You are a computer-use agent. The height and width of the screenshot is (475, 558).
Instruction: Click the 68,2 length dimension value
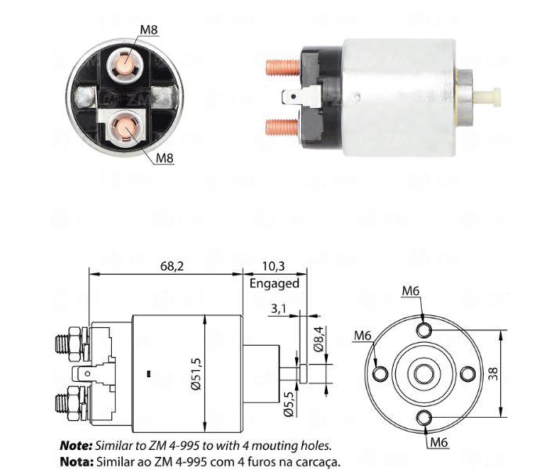[172, 266]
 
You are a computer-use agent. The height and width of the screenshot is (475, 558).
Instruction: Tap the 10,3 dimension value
[273, 266]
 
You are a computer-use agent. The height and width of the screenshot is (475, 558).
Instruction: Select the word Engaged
[275, 283]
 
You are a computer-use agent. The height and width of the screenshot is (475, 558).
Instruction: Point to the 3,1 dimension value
[279, 308]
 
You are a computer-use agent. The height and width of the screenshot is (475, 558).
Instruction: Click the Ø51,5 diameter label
[196, 373]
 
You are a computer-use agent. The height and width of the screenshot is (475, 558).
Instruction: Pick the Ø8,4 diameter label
[319, 339]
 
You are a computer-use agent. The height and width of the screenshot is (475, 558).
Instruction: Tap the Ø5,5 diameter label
[289, 404]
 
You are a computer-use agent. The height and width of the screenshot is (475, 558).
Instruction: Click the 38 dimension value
[493, 374]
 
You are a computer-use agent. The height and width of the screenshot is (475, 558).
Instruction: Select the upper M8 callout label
[149, 30]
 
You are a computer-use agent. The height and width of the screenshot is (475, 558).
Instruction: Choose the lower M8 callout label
[164, 157]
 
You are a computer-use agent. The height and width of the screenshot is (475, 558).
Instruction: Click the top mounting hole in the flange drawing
[424, 330]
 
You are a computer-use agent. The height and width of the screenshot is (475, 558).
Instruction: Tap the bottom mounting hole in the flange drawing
[424, 418]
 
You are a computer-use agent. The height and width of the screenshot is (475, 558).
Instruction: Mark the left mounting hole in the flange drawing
[380, 374]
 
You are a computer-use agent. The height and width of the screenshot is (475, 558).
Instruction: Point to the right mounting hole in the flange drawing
[468, 374]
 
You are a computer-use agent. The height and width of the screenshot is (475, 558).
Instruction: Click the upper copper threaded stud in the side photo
[283, 67]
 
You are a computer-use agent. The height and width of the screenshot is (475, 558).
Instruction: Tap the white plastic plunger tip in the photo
[488, 96]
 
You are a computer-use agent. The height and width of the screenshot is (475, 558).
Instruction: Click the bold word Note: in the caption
[76, 445]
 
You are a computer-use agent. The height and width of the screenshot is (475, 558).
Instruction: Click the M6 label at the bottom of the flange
[439, 442]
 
